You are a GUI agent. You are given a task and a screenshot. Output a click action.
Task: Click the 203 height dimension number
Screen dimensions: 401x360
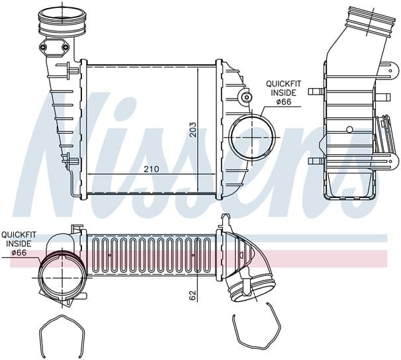click(x=194, y=130)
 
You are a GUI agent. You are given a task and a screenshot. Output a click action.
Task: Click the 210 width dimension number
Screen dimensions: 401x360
click(x=151, y=169)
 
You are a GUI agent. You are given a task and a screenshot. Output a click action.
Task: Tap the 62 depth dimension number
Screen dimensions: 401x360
click(x=193, y=295)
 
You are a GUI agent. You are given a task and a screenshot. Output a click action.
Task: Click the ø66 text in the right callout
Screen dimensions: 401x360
click(x=284, y=102)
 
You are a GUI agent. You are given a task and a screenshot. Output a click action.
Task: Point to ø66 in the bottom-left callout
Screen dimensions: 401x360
click(x=19, y=253)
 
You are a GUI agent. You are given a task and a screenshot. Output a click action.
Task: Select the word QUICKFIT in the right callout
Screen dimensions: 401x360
click(x=284, y=83)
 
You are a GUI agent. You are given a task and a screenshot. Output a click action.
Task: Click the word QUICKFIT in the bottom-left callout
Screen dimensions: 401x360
click(x=19, y=234)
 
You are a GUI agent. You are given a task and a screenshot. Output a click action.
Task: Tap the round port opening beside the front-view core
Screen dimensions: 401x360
click(x=253, y=137)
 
